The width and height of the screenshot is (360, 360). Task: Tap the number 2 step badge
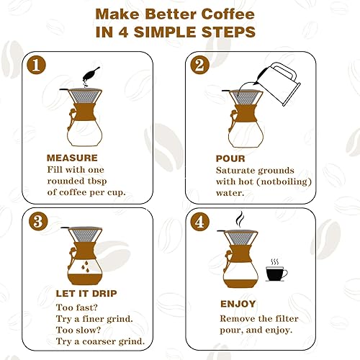point(199,66)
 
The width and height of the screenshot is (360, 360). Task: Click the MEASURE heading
point(72,158)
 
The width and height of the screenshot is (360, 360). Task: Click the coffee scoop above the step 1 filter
point(91,73)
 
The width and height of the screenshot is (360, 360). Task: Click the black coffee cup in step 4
point(275,273)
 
